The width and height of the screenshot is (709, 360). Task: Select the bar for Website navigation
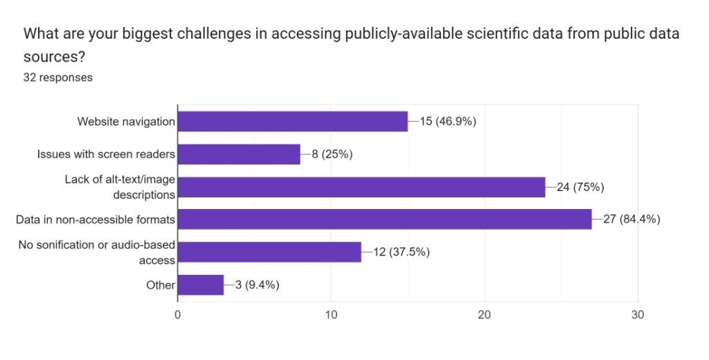pyautogui.click(x=293, y=121)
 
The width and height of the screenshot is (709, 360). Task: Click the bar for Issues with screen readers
pyautogui.click(x=239, y=154)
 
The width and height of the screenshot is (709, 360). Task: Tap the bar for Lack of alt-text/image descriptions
pyautogui.click(x=361, y=187)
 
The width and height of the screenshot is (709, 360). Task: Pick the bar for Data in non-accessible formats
pyautogui.click(x=385, y=219)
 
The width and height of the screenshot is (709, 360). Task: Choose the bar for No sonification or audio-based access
pyautogui.click(x=269, y=252)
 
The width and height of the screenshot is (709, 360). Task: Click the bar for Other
pyautogui.click(x=201, y=285)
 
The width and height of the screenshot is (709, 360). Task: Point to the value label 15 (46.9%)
pyautogui.click(x=448, y=121)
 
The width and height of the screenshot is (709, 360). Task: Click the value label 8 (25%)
pyautogui.click(x=332, y=154)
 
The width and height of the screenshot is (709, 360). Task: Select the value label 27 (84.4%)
pyautogui.click(x=631, y=219)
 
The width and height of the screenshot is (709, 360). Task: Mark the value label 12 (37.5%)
pyautogui.click(x=401, y=252)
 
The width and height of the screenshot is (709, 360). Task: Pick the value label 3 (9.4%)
pyautogui.click(x=257, y=285)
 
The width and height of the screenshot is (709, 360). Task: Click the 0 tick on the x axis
pyautogui.click(x=178, y=315)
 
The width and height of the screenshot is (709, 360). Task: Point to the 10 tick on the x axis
pyautogui.click(x=331, y=315)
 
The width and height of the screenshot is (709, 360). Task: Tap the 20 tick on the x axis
pyautogui.click(x=485, y=315)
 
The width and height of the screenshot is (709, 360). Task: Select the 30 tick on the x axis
pyautogui.click(x=638, y=315)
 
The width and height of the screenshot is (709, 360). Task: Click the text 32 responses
pyautogui.click(x=58, y=78)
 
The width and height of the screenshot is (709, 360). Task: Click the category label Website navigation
pyautogui.click(x=126, y=122)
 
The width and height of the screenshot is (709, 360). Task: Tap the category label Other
pyautogui.click(x=161, y=285)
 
